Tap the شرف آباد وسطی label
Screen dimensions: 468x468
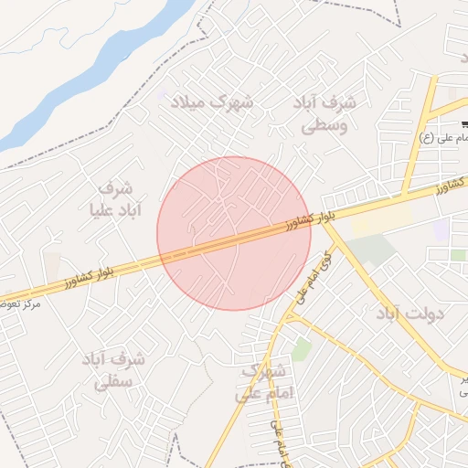[326, 113]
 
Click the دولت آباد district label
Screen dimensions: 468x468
[409, 314]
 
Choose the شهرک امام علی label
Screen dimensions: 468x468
[263, 383]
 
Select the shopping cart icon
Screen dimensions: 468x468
[464, 123]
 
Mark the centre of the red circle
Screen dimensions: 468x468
[234, 233]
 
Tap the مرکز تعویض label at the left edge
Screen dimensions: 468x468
[20, 302]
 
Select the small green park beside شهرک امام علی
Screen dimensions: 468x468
[301, 349]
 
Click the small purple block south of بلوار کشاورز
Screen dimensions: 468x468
[441, 229]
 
